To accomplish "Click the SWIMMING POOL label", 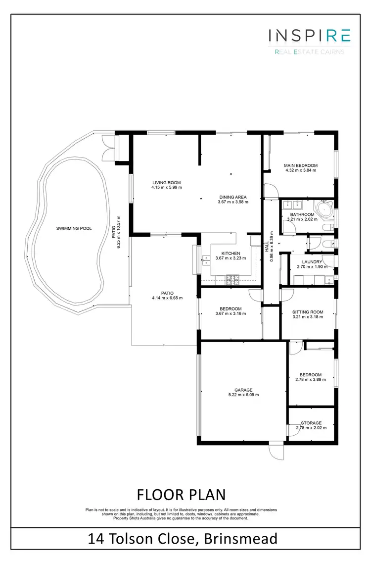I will pos(74,228).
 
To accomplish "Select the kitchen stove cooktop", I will pos(232,280).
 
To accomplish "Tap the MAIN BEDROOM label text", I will pos(300,165).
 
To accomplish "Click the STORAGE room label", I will pos(312,423).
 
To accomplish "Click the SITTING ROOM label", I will pos(308,312).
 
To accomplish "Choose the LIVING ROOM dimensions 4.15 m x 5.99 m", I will pos(167,188).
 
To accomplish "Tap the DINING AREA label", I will pos(232,197).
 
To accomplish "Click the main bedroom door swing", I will pos(270,190).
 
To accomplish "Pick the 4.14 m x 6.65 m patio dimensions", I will pos(167,298).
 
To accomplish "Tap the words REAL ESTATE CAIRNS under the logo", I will pos(309,51).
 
